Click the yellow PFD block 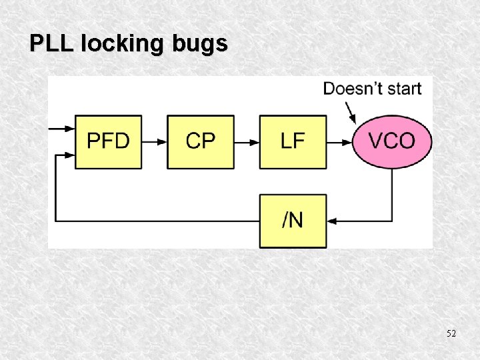(108, 141)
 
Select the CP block (201, 141)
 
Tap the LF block (293, 141)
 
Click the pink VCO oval (392, 141)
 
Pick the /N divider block (293, 221)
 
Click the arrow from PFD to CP (155, 141)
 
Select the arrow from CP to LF (247, 141)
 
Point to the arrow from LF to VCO (339, 141)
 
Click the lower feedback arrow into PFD (65, 155)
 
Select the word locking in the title (115, 44)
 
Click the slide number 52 (451, 333)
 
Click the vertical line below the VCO (392, 193)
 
